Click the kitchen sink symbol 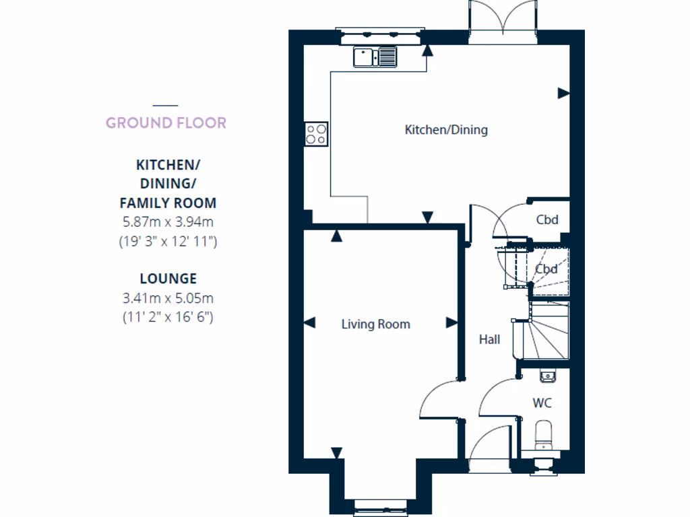point(375,57)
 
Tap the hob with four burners point(316,133)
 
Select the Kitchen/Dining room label point(446,130)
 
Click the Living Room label point(375,324)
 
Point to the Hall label point(489,339)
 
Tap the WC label point(542,403)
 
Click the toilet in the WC point(543,435)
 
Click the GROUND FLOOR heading point(166,123)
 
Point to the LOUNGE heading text point(168,278)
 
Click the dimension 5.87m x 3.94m point(168,221)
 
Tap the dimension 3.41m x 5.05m point(168,298)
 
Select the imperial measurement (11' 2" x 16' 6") point(168,316)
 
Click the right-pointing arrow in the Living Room point(451,324)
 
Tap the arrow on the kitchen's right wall point(564,94)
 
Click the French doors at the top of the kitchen point(504,20)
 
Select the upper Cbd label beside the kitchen point(547,219)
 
